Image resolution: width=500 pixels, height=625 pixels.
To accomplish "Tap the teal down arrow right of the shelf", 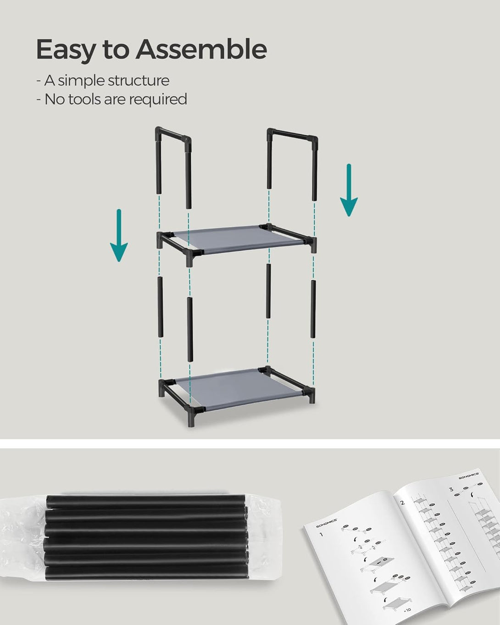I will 349,190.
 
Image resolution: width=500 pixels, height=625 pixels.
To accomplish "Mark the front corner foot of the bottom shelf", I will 190,420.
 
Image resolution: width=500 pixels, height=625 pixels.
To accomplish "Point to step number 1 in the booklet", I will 321,534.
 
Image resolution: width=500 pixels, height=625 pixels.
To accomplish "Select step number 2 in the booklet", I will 402,502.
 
